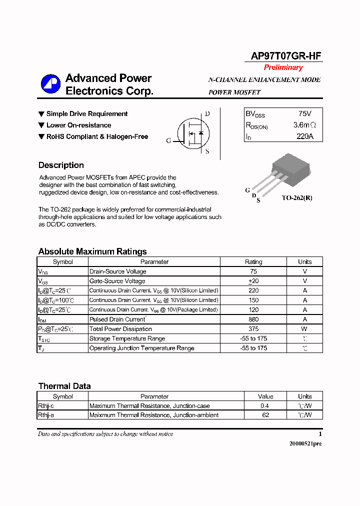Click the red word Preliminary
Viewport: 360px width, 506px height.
click(283, 67)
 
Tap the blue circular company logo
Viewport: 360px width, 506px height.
click(50, 84)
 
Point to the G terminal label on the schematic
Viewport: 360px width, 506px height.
click(168, 141)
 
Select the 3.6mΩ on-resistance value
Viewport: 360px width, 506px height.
click(304, 125)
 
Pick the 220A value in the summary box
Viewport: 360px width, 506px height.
click(304, 136)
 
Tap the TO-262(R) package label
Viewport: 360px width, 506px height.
click(296, 198)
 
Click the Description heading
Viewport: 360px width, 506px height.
click(61, 165)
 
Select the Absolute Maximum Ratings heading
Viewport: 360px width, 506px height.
click(92, 251)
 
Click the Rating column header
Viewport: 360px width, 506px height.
click(253, 262)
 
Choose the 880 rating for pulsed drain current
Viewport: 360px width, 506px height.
click(253, 319)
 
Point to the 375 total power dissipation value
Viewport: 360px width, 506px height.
click(253, 329)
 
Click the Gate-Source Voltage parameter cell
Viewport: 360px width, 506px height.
click(117, 281)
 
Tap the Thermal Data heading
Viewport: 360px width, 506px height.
click(64, 386)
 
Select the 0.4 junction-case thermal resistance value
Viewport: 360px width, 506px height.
click(265, 406)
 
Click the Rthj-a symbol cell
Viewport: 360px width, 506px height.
click(45, 415)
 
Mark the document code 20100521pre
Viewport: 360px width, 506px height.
click(305, 444)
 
